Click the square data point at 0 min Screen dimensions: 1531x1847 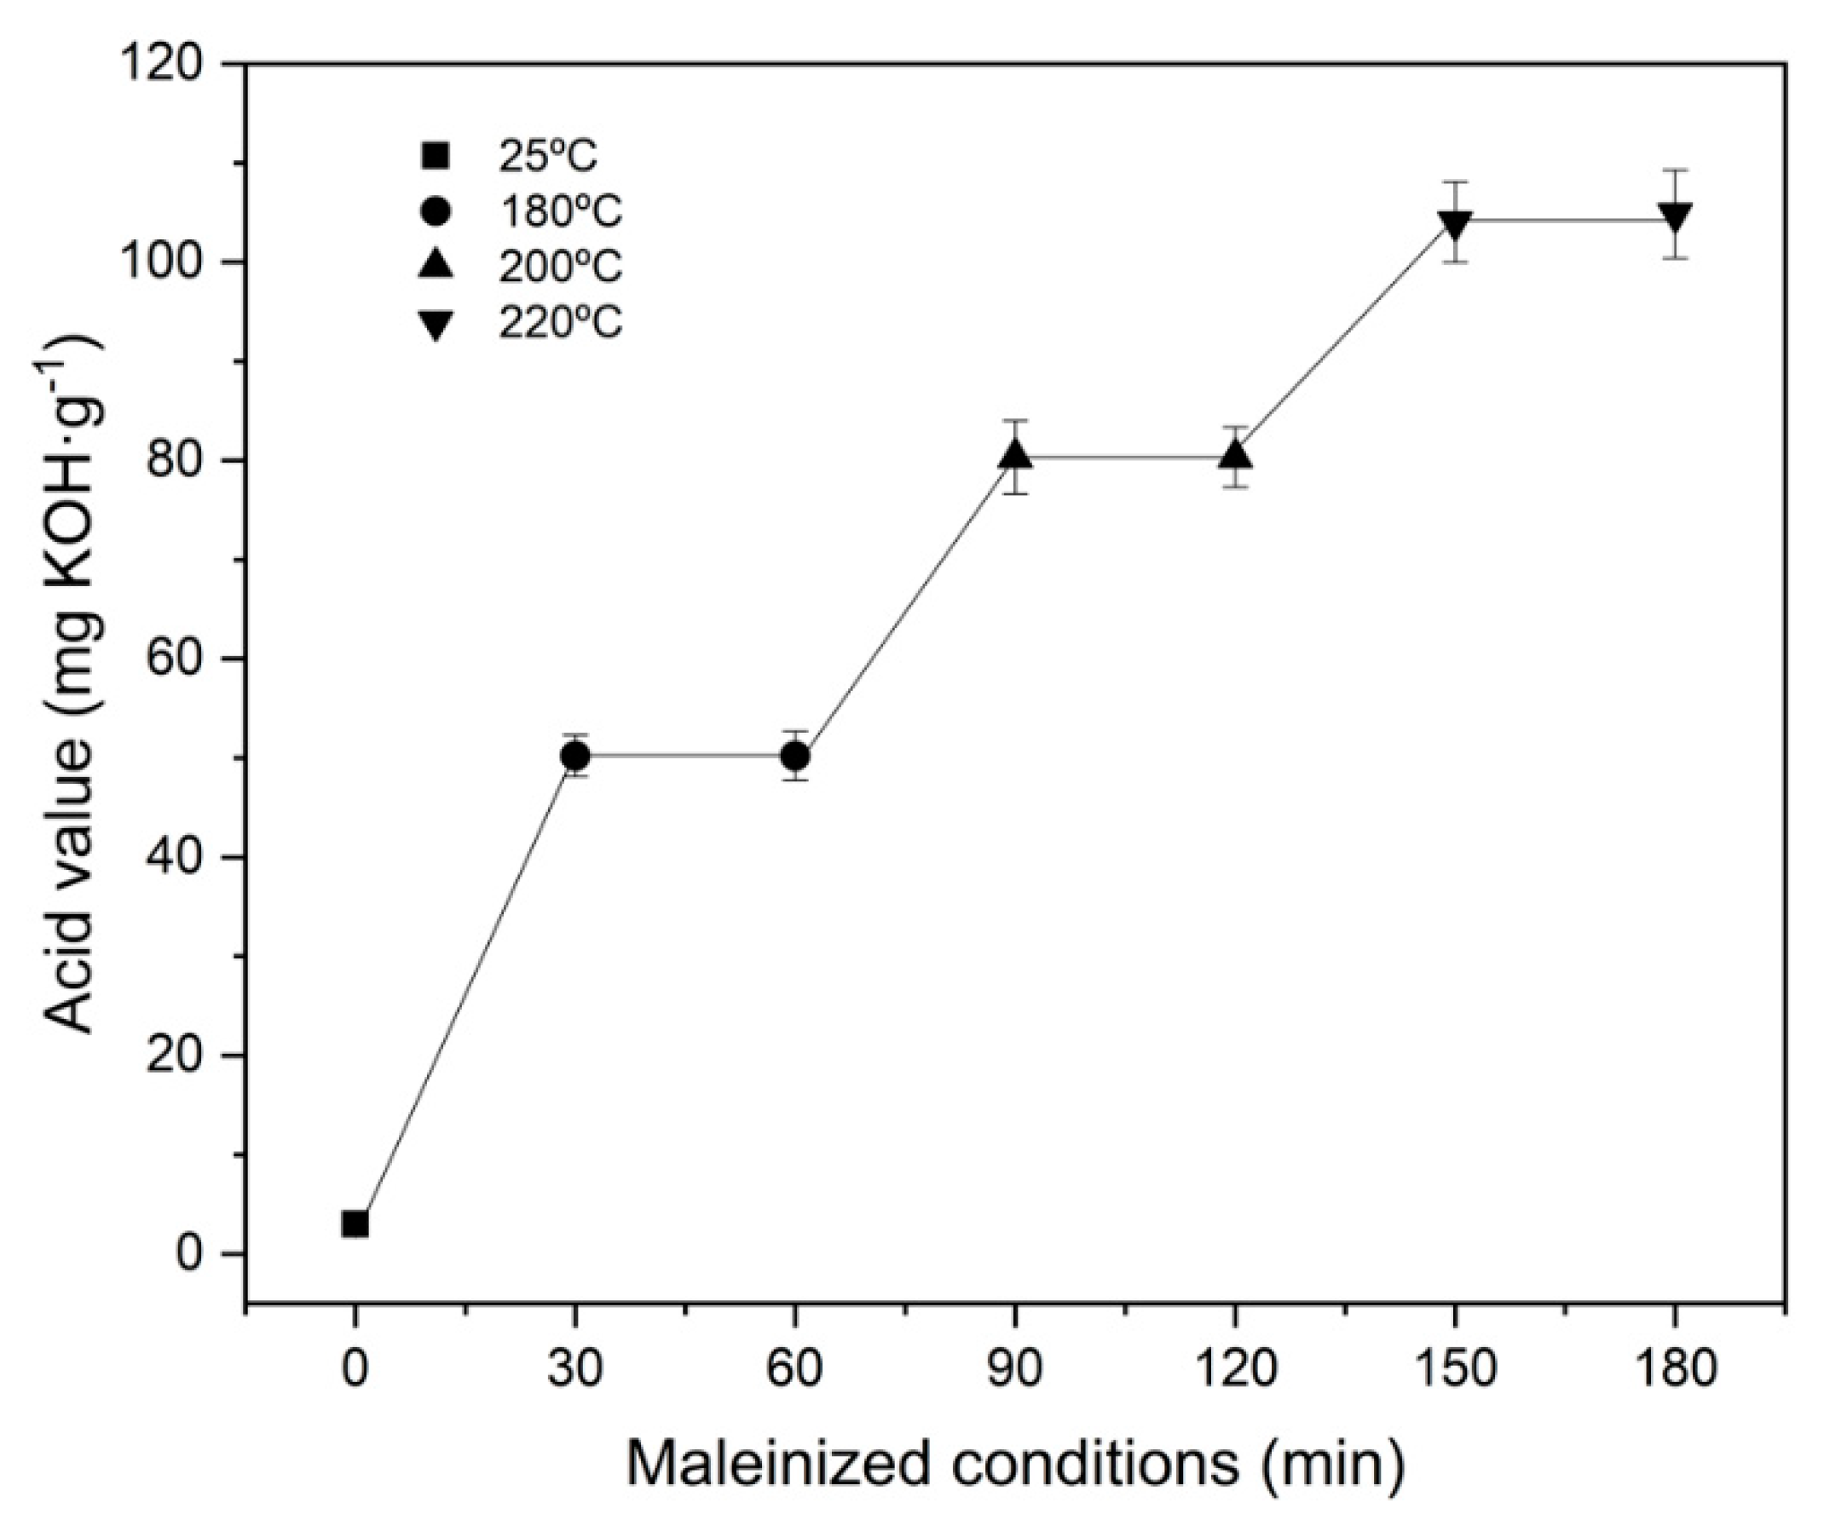[355, 1223]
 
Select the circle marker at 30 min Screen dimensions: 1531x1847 [575, 756]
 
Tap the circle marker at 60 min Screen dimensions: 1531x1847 [795, 756]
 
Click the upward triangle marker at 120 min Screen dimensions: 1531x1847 [1236, 456]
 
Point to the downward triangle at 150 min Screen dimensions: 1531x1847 [1456, 223]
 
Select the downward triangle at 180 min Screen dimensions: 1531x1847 [1676, 217]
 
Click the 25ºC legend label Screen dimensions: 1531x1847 [548, 158]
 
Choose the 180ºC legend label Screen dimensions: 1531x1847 [560, 212]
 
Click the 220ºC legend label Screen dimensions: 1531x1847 [560, 323]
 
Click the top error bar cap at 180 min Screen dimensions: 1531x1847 [1676, 170]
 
